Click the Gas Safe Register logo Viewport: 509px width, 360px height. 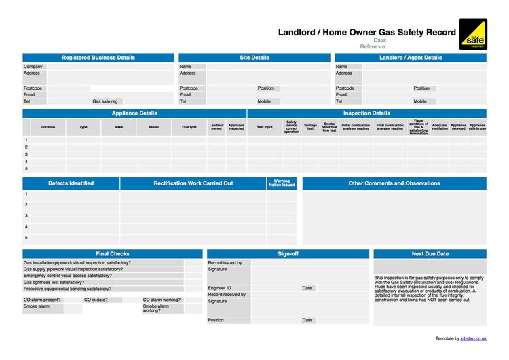coord(472,34)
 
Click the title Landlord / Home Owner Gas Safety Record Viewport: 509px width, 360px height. coord(366,32)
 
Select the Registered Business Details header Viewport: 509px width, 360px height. coord(98,58)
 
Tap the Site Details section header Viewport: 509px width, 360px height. coord(254,58)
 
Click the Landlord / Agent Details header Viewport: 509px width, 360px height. coord(411,58)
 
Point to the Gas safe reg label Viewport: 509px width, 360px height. coord(105,101)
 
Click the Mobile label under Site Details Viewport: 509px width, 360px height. coord(264,101)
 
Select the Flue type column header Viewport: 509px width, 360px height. coord(189,127)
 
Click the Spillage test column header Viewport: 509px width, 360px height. coord(310,127)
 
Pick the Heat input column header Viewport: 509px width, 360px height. coord(264,127)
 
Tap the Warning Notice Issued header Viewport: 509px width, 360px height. coord(282,183)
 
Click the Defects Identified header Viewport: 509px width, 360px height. coord(71,183)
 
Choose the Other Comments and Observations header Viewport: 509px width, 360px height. coord(394,183)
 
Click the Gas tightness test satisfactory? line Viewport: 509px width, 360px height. coord(54,283)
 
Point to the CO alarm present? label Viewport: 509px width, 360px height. coord(42,300)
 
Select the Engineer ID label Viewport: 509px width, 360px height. coord(220,288)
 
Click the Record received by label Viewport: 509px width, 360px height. coord(227,295)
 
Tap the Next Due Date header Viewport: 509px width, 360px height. coord(430,254)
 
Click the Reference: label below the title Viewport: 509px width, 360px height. coord(373,46)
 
